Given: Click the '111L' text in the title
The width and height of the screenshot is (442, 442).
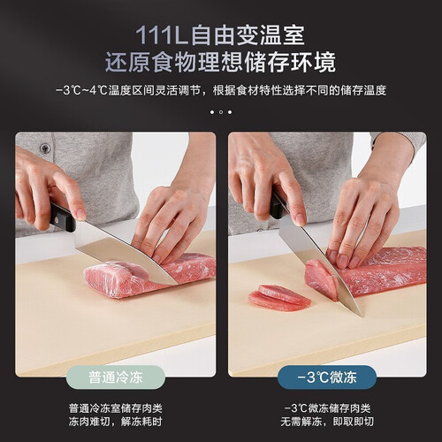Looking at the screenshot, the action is tap(161, 36).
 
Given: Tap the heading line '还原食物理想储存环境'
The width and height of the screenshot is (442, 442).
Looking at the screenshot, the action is tap(221, 62).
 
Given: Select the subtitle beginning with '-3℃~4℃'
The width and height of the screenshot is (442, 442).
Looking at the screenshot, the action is tap(221, 90).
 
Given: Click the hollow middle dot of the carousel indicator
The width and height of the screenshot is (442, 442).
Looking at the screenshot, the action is tap(221, 112).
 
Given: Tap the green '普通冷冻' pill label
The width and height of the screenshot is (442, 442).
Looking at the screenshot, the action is tap(116, 377).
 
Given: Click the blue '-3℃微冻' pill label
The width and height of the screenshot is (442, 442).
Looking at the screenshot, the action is tap(327, 377).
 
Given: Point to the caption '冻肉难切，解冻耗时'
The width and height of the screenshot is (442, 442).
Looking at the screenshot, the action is tap(116, 422).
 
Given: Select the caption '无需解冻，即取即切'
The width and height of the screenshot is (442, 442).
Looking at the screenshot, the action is tap(327, 422).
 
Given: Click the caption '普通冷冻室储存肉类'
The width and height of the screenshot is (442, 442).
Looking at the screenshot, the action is tap(116, 408).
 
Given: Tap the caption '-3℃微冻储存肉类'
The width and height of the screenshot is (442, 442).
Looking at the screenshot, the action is tap(327, 408).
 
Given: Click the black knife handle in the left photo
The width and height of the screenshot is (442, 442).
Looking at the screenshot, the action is tap(61, 217).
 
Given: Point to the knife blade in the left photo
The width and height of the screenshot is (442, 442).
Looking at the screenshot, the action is tap(124, 254).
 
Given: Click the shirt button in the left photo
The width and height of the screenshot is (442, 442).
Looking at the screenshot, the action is tap(45, 149).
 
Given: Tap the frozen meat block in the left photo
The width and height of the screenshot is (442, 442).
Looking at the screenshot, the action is tap(148, 276).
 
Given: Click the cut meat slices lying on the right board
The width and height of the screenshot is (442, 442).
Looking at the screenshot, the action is tap(278, 298).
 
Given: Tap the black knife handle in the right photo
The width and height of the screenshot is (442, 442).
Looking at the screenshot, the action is tap(278, 203).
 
